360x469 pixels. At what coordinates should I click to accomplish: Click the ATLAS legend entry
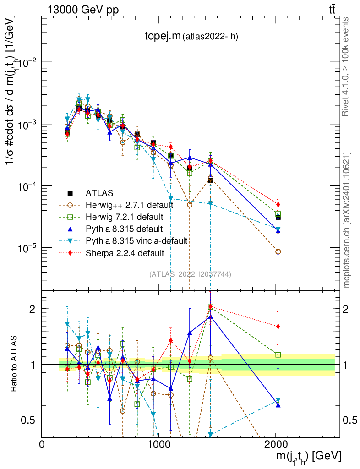(98, 193)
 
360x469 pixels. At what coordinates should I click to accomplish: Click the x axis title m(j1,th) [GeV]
(308, 456)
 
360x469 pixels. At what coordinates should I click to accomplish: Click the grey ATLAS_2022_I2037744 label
(190, 274)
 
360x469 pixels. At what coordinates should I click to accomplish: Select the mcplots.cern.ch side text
(347, 220)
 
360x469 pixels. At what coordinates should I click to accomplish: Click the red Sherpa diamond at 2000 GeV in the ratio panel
(278, 327)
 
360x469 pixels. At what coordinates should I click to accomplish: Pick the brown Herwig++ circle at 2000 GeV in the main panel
(278, 252)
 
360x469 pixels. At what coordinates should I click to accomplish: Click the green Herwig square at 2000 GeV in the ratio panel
(278, 354)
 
